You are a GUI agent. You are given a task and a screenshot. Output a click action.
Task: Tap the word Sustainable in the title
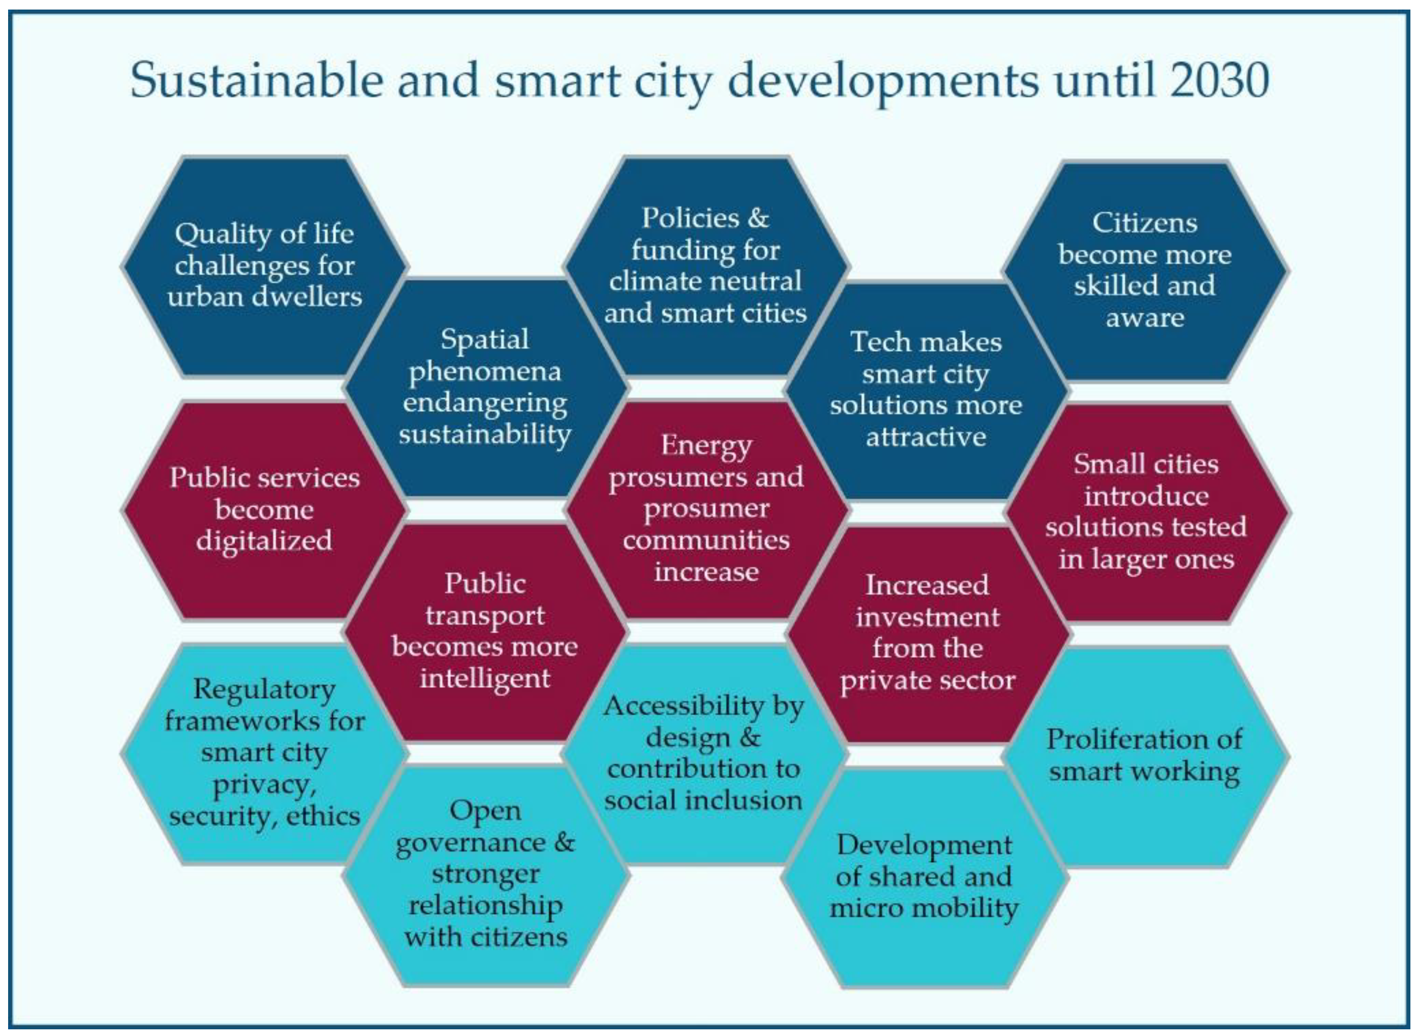pyautogui.click(x=256, y=80)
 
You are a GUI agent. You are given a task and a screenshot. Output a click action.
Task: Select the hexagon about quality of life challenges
pyautogui.click(x=264, y=266)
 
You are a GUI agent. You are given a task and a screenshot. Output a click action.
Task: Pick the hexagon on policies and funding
pyautogui.click(x=706, y=266)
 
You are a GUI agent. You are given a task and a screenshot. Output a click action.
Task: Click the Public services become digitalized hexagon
pyautogui.click(x=264, y=509)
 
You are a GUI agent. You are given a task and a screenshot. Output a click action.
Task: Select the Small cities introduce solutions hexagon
pyautogui.click(x=1146, y=512)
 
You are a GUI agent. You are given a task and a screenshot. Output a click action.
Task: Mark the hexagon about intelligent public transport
pyautogui.click(x=485, y=631)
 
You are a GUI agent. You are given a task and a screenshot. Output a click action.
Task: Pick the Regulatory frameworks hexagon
pyautogui.click(x=264, y=752)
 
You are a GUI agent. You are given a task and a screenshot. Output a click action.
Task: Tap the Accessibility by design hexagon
pyautogui.click(x=703, y=752)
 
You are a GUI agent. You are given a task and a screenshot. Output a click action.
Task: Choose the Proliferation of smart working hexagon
pyautogui.click(x=1145, y=756)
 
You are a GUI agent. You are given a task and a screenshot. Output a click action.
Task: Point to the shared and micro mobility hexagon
pyautogui.click(x=924, y=877)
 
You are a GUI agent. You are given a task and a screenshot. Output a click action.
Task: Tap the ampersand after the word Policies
pyautogui.click(x=758, y=218)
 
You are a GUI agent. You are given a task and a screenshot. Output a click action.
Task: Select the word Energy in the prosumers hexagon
pyautogui.click(x=706, y=446)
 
